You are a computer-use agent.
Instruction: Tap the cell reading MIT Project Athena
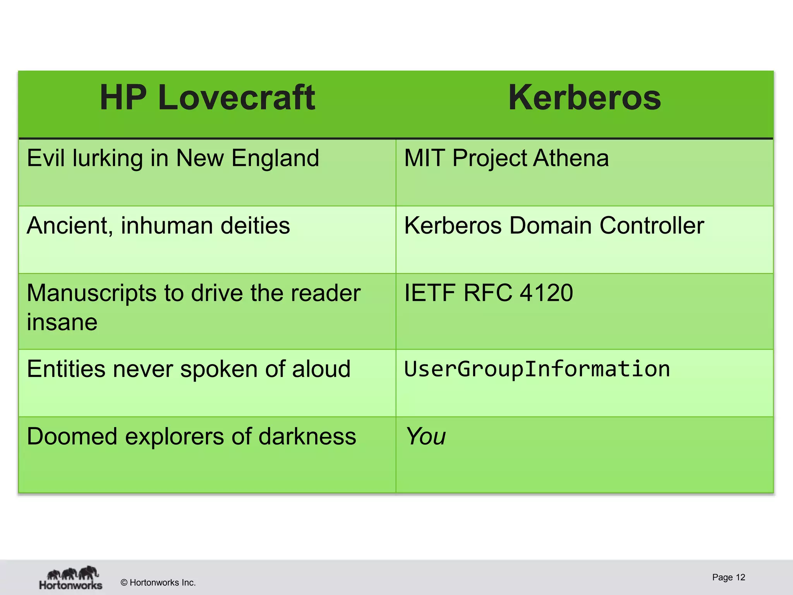click(x=506, y=158)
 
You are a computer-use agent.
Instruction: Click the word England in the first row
click(x=275, y=158)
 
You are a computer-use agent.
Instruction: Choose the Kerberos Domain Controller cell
click(x=554, y=226)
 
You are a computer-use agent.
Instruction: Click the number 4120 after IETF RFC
click(x=546, y=293)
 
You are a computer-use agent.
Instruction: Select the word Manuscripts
click(x=92, y=294)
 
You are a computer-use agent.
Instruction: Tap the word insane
click(x=62, y=322)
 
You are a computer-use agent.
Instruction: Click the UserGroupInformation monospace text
click(x=537, y=369)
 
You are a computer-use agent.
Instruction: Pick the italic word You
click(x=426, y=437)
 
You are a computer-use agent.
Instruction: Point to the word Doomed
click(x=72, y=437)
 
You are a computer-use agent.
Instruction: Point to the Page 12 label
click(x=728, y=577)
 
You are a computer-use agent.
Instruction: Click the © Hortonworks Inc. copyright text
click(x=158, y=583)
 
